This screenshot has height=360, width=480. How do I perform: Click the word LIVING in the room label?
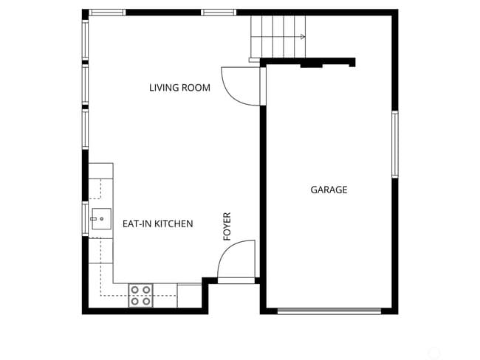165,88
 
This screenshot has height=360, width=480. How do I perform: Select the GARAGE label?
329,190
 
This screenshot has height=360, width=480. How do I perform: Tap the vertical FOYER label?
227,226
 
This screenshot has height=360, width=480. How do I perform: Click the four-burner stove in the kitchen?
141,295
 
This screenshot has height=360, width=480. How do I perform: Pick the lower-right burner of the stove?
146,300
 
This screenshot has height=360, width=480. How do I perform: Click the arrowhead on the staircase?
303,35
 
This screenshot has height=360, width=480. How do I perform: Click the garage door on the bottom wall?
329,311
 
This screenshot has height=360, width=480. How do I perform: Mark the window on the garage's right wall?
394,144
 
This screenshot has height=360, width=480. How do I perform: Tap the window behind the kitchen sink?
85,218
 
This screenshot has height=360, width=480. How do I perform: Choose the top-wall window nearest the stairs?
219,13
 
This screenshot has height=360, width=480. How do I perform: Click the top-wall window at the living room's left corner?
107,13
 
